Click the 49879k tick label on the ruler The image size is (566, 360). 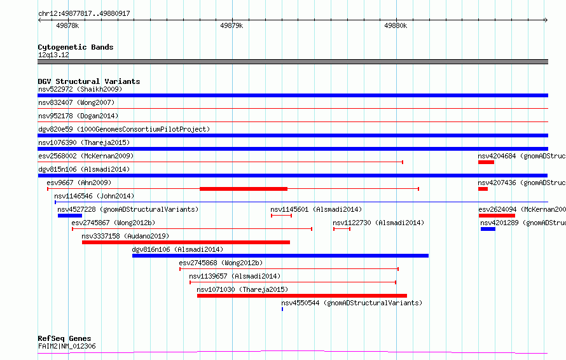tap(231, 25)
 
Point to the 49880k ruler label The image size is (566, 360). tap(396, 25)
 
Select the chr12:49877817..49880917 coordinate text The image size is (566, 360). tap(84, 13)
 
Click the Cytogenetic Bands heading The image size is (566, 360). tap(76, 47)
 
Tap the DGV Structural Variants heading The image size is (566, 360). tap(89, 81)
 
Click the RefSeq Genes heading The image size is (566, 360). tap(64, 338)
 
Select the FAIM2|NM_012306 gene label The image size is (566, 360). tap(67, 346)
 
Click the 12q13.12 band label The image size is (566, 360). tap(53, 55)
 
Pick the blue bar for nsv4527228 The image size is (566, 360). tap(70, 216)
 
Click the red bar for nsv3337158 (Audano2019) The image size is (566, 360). tap(186, 242)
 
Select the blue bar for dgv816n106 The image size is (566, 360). tap(280, 256)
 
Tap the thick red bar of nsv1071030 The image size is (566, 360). tap(302, 296)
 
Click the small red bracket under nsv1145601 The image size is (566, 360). tap(282, 216)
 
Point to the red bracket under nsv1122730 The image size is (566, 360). tap(342, 229)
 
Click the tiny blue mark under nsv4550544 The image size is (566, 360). tap(282, 309)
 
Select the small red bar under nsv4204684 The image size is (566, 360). tap(487, 162)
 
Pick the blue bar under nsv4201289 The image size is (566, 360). tap(488, 229)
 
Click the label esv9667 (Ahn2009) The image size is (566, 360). tap(79, 183)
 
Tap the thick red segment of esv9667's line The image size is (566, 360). tap(244, 189)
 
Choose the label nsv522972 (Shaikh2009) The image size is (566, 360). tap(80, 89)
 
